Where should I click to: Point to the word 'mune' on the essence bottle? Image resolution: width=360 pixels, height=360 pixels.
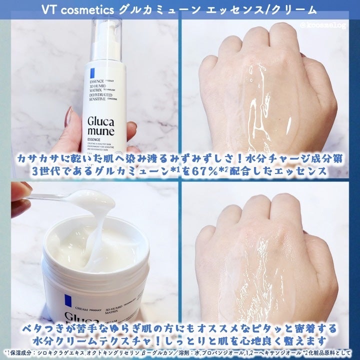tap(99, 132)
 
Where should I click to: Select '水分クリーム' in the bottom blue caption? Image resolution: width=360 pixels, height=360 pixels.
tap(74, 341)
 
